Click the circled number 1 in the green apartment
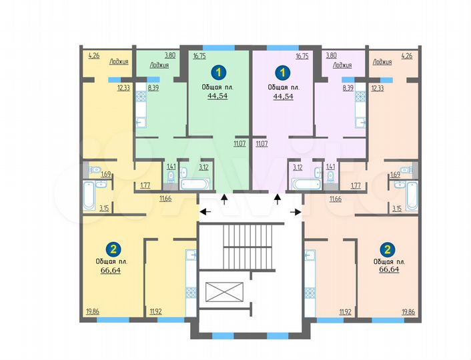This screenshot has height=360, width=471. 217,71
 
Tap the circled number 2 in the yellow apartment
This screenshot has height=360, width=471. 114,249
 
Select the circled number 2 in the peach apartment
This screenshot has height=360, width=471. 385,249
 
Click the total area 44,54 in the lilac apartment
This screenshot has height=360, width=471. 283,95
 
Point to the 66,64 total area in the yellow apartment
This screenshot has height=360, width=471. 112,271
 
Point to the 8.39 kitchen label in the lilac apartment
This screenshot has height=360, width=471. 348,87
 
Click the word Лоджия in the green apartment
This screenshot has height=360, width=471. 159,65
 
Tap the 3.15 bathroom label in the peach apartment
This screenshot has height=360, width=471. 396,208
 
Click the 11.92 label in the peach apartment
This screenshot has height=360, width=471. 345,311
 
